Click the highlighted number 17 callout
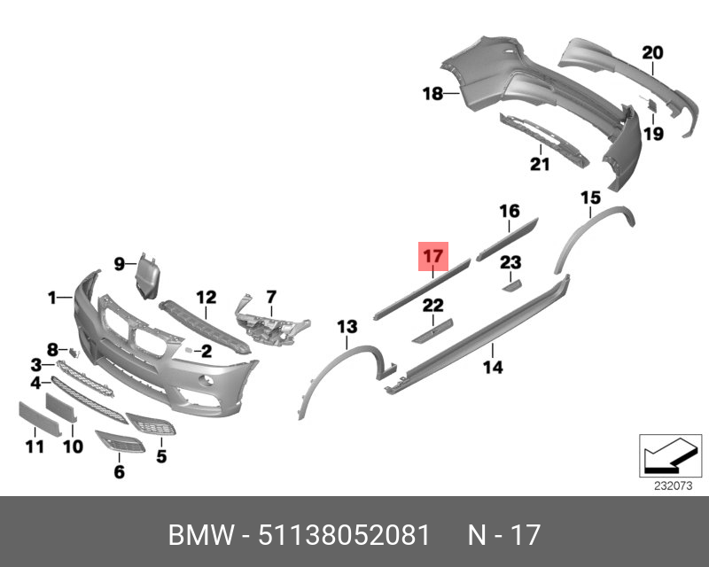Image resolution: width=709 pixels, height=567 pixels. (x=432, y=257)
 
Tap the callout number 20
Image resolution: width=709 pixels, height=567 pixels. (x=652, y=53)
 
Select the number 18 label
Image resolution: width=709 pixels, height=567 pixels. (x=432, y=93)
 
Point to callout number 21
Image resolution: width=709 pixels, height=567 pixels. (x=540, y=164)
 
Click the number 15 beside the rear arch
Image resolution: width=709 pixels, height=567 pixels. (x=590, y=197)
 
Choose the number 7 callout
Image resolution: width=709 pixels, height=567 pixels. (x=271, y=296)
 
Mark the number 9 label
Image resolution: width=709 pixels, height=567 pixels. (x=120, y=262)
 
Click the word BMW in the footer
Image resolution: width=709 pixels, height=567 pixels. (x=202, y=536)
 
